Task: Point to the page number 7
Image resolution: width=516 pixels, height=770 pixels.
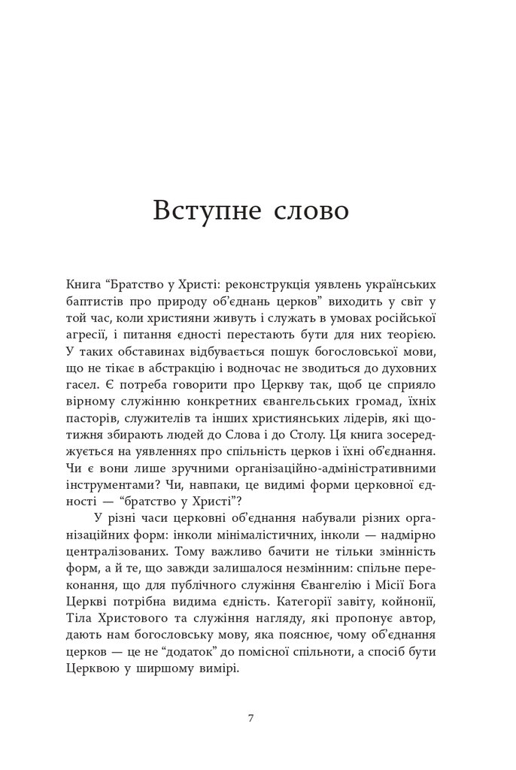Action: (250, 717)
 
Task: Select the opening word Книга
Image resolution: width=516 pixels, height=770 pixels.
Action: (83, 286)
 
